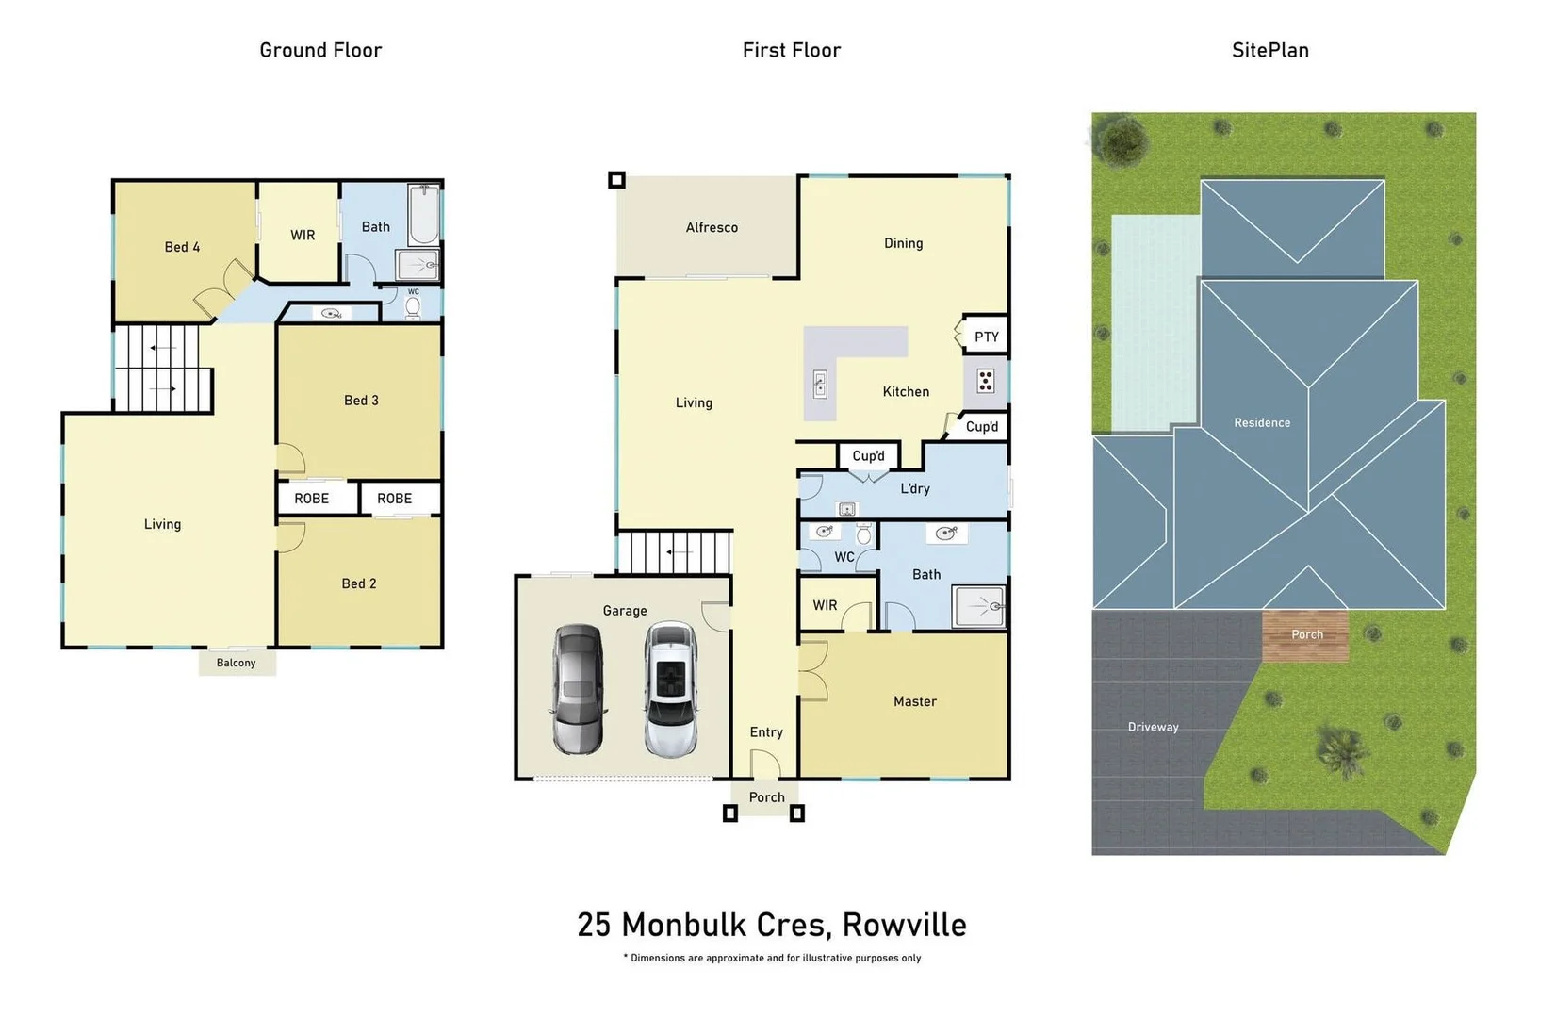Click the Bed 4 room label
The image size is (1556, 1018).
[182, 247]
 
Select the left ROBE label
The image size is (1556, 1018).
[311, 499]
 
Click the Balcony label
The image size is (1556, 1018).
[236, 663]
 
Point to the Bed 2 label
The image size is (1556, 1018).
[358, 583]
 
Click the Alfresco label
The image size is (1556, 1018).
[712, 227]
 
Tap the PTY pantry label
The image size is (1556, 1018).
[986, 337]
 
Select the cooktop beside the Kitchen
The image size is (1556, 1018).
[986, 381]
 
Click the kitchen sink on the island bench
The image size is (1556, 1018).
[820, 384]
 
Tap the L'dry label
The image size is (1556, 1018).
[914, 488]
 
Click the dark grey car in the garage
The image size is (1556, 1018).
[578, 689]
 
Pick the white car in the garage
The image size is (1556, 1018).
[670, 689]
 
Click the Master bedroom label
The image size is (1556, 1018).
[914, 701]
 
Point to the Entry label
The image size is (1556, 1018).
[766, 732]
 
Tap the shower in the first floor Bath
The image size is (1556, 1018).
[979, 606]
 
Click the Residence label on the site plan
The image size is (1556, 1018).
[1262, 422]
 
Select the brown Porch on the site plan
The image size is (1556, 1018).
[1305, 635]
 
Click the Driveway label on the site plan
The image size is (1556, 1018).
[1153, 727]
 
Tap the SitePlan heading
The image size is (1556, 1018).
[1269, 50]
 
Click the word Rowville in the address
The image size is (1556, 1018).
[904, 925]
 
